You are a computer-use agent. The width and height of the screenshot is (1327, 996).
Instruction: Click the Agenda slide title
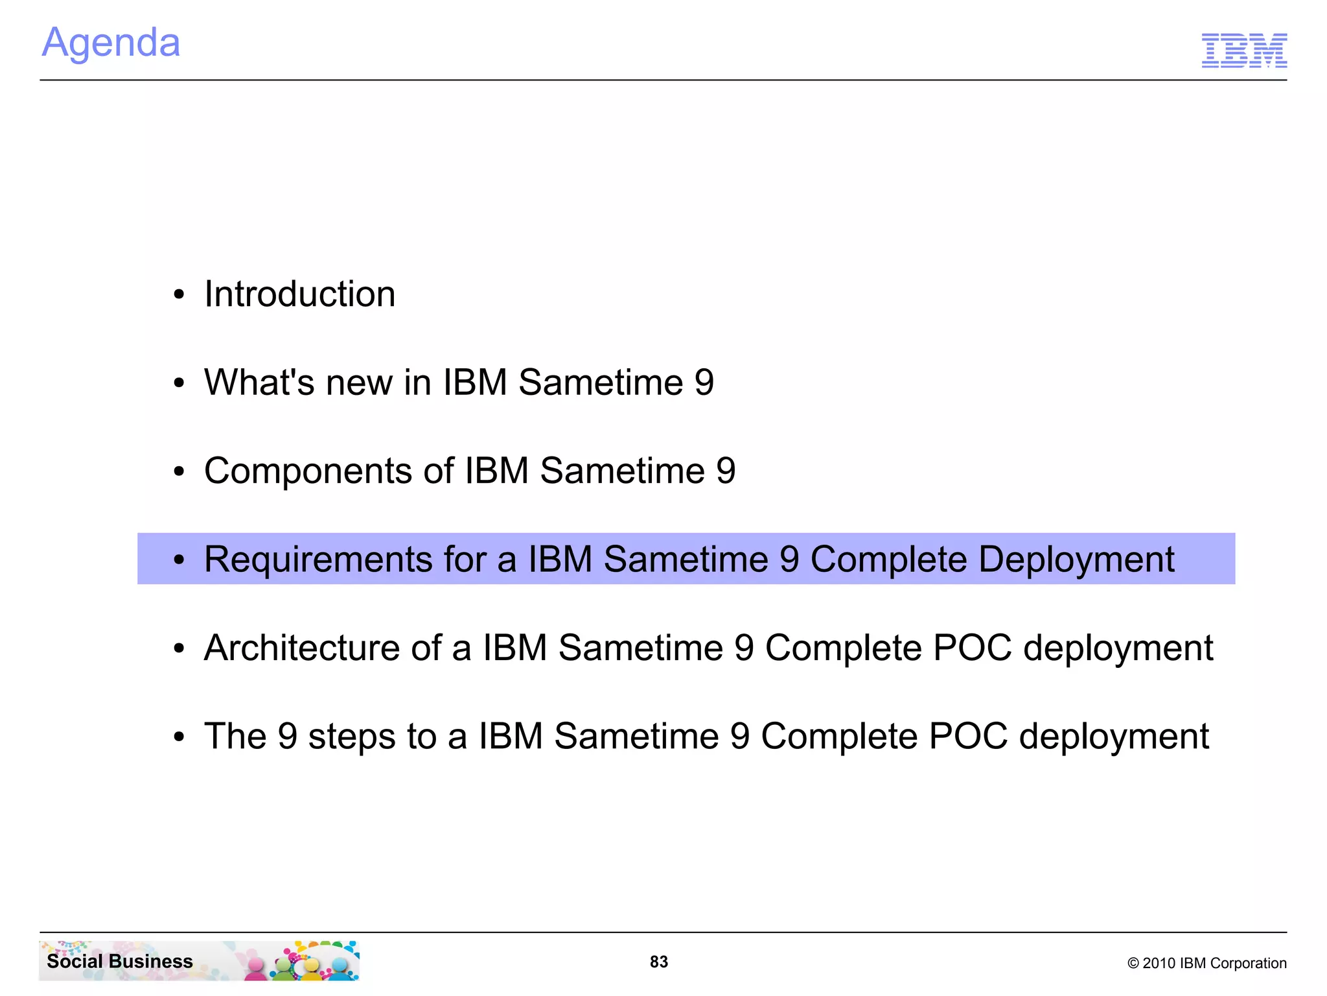tap(111, 43)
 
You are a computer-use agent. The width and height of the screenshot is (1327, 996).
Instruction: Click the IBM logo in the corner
tap(1243, 50)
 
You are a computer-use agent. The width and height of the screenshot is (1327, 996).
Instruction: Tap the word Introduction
tap(299, 294)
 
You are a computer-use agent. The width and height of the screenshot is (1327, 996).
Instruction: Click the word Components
tap(308, 471)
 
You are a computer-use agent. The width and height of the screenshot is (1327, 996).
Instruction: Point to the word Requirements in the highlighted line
tap(317, 560)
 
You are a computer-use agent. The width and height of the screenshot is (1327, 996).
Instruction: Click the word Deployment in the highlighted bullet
tap(1076, 560)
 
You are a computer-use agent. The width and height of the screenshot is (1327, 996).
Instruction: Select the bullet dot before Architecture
tap(179, 648)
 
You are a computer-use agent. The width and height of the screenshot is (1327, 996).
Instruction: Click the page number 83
tap(659, 962)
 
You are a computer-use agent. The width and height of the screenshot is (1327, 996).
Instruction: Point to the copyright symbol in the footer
tap(1133, 964)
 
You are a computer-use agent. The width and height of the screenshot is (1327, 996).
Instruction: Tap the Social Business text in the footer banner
tap(120, 961)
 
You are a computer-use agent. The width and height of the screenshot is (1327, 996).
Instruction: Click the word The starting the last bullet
tap(235, 737)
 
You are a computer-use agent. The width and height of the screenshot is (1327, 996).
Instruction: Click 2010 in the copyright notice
tap(1159, 964)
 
